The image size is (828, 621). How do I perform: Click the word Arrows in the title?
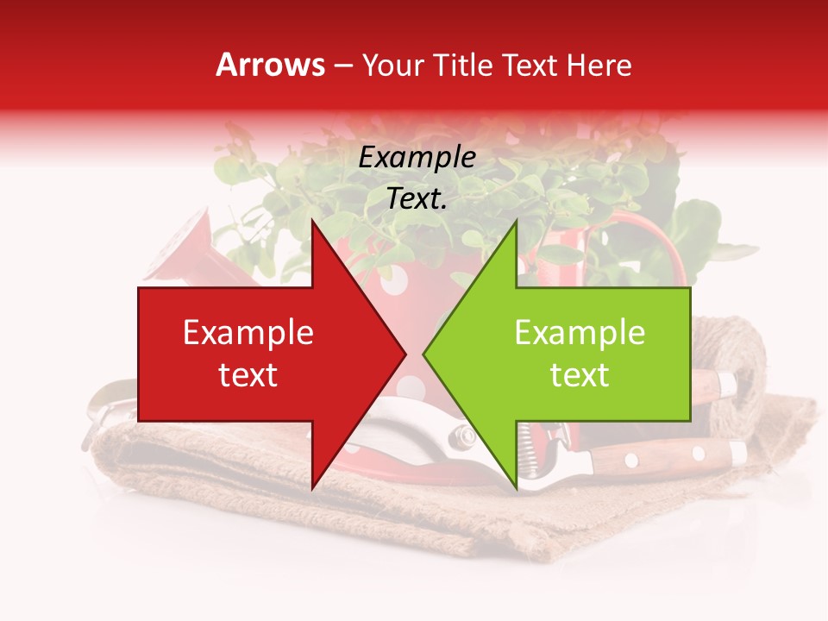coord(270,66)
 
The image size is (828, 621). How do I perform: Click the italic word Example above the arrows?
coord(417,157)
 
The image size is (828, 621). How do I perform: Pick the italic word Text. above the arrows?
coord(417,198)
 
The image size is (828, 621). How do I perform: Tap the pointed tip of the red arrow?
coord(404,354)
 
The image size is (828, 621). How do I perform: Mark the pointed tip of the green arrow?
coord(425,354)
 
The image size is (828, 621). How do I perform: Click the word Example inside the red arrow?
coord(248,333)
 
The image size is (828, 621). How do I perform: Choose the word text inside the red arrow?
coord(248,375)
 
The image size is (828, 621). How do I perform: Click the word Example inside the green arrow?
coord(580,333)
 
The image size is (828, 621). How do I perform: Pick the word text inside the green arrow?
coord(580,375)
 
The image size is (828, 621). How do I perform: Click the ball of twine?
coord(724,345)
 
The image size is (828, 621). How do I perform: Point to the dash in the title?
coord(343,66)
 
